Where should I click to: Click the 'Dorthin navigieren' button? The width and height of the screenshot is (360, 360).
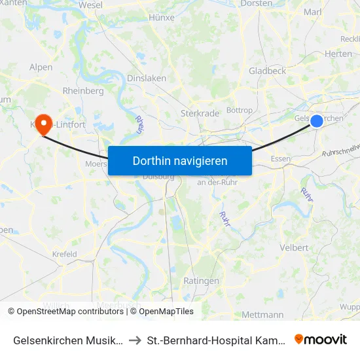coord(180,160)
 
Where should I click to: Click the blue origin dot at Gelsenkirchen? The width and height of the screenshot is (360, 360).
coord(317,120)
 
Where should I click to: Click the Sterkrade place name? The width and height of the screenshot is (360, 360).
coord(200,113)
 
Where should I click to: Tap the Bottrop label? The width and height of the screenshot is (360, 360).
coord(239,111)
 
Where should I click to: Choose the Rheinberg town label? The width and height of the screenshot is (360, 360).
coord(83,91)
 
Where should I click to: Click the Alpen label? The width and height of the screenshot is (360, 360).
coord(41,67)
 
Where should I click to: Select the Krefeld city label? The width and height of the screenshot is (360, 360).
coord(64,254)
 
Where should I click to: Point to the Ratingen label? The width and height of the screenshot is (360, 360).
coord(202,281)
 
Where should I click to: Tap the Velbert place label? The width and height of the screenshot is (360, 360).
coord(294,248)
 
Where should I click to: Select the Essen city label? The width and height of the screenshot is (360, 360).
coord(280,159)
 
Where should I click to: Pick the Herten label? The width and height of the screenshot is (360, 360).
coord(338,54)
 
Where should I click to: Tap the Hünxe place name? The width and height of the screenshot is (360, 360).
coord(161,18)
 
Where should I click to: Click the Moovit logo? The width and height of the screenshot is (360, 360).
coord(320,339)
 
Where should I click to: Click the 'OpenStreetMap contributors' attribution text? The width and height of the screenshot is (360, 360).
coord(67,312)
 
